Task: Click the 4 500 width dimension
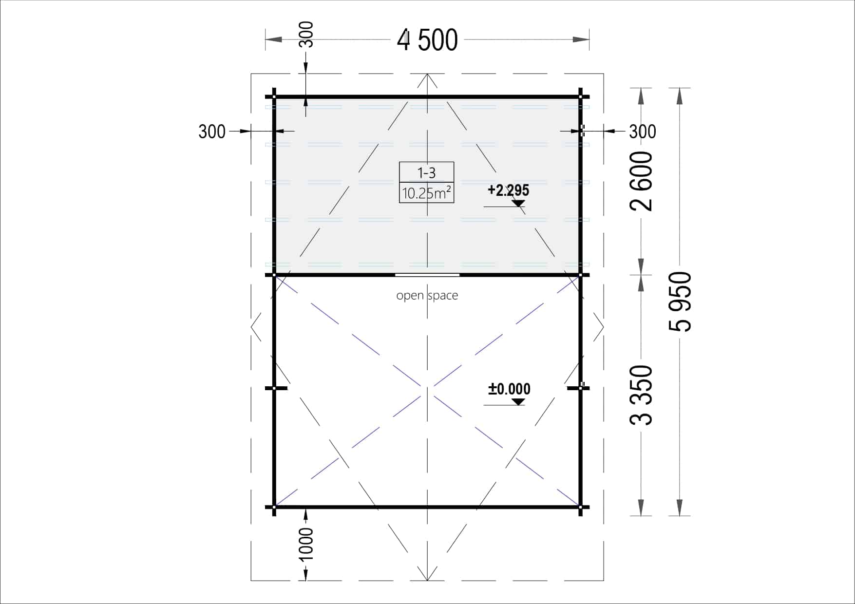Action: tap(427, 40)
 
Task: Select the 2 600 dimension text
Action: tap(641, 181)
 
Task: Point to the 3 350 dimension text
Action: tap(641, 395)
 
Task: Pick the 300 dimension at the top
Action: tap(306, 35)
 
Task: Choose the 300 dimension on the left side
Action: tap(212, 132)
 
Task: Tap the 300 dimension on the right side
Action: tap(643, 132)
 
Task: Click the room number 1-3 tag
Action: tap(427, 172)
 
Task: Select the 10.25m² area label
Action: tap(426, 193)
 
